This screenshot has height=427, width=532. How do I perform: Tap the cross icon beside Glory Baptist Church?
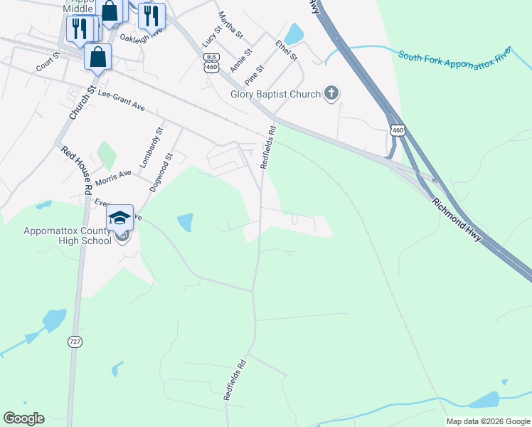331,93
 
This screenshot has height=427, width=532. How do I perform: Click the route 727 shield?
75,342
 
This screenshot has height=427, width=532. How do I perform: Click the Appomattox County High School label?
68,236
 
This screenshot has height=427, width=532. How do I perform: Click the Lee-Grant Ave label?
122,100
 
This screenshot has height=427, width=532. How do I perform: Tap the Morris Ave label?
114,177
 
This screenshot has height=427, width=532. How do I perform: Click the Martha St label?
231,25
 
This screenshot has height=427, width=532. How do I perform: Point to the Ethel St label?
287,51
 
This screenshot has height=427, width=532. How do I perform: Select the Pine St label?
255,75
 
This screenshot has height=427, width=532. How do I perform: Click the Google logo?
23,418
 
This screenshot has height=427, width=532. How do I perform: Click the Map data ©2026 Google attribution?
488,421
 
